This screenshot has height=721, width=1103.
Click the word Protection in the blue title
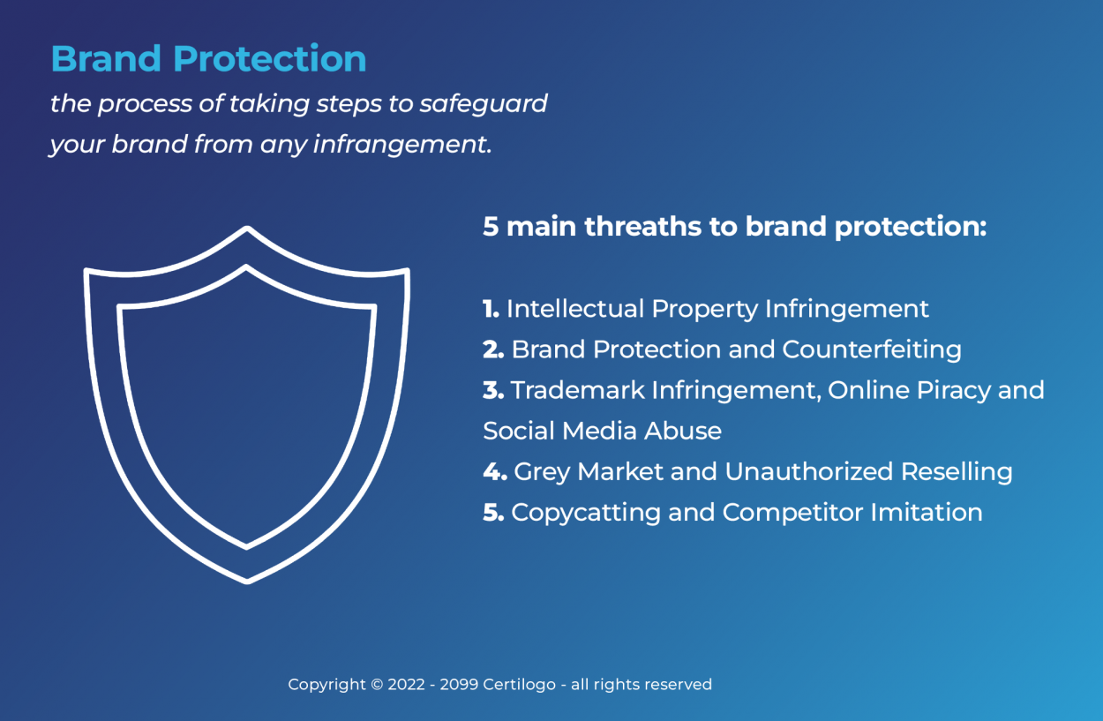pyautogui.click(x=269, y=58)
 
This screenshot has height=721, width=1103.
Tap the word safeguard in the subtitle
pyautogui.click(x=483, y=104)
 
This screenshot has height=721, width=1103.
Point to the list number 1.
pyautogui.click(x=491, y=309)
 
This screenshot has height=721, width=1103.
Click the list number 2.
pyautogui.click(x=492, y=349)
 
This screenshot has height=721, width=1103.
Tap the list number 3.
pyautogui.click(x=492, y=390)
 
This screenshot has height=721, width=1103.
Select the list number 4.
pyautogui.click(x=494, y=471)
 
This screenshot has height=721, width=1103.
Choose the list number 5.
pyautogui.click(x=492, y=512)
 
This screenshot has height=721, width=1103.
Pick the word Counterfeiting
pyautogui.click(x=871, y=349)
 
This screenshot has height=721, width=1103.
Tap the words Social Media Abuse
pyautogui.click(x=602, y=431)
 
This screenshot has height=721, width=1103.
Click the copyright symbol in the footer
pyautogui.click(x=376, y=685)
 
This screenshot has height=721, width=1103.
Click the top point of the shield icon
pyautogui.click(x=247, y=230)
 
